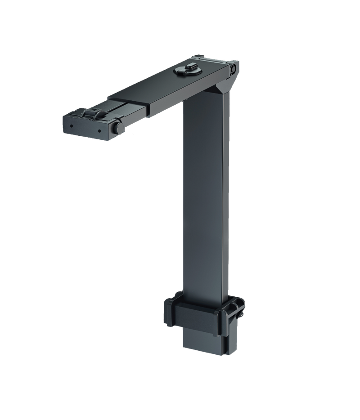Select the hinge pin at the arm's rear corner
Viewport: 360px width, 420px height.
(x=233, y=69)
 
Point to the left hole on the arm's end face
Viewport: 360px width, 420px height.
(x=71, y=126)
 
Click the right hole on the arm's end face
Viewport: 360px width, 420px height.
(x=98, y=131)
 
